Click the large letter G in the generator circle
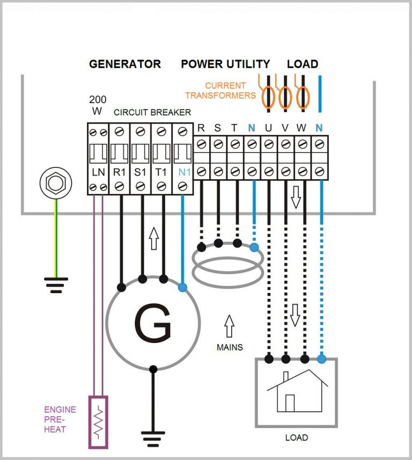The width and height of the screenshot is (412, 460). (152, 325)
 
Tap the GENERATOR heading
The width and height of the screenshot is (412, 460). (124, 64)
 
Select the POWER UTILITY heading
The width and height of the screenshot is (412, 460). (225, 64)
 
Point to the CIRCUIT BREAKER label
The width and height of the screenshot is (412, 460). (152, 112)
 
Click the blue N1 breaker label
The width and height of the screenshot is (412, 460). (183, 172)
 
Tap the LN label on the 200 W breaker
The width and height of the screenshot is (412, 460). (98, 172)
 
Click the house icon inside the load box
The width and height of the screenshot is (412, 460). (297, 391)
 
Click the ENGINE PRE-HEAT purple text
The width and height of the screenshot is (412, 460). (60, 419)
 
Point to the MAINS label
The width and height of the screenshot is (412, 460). (230, 347)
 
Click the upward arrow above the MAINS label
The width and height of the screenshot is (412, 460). (229, 326)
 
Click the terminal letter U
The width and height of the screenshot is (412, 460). (268, 128)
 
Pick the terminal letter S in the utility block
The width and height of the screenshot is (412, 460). (217, 128)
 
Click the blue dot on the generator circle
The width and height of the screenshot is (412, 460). (182, 288)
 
